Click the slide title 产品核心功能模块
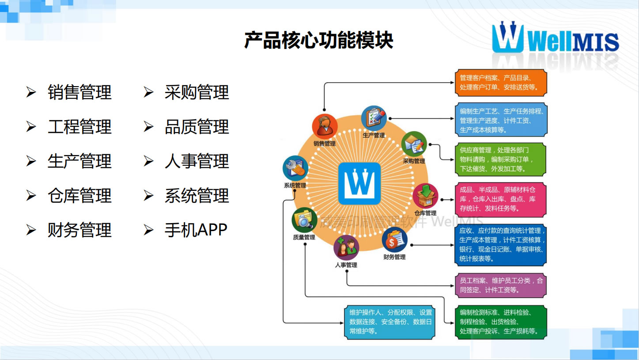318,40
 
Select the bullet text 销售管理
79,93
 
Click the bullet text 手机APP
196,230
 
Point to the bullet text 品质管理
197,127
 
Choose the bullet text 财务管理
79,230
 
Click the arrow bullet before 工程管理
31,127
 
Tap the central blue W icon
359,183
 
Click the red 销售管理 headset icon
325,126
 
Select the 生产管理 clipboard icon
374,118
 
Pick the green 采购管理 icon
414,144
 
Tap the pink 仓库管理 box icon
425,196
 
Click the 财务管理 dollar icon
394,240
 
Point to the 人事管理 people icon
346,248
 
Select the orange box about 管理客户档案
501,83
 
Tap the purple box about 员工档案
501,285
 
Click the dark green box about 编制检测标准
501,322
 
